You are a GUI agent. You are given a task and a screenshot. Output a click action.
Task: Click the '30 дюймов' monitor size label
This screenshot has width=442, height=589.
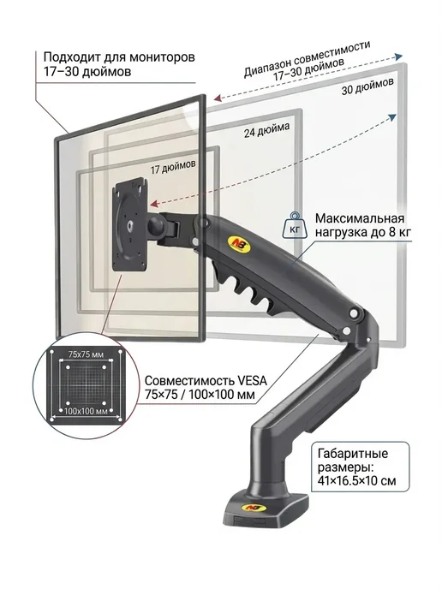367,86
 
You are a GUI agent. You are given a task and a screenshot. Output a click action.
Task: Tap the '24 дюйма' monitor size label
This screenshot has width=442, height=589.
267,129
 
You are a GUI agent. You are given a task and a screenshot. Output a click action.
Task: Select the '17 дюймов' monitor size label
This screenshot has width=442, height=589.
173,167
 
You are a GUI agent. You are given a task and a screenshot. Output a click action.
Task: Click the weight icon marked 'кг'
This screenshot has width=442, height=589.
295,225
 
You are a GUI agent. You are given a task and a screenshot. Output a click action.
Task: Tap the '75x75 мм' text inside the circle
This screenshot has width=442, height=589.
86,354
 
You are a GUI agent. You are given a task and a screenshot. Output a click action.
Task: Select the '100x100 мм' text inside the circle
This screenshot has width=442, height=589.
86,411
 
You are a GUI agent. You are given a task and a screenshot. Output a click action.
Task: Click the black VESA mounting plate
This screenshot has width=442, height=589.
129,224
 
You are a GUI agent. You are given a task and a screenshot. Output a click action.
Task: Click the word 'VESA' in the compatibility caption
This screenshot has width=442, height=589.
252,380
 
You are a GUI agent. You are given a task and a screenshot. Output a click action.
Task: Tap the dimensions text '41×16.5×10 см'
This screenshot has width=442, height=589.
356,481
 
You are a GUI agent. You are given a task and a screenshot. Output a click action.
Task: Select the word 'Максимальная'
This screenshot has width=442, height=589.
360,218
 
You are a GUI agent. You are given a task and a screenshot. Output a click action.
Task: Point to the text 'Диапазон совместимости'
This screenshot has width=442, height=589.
308,58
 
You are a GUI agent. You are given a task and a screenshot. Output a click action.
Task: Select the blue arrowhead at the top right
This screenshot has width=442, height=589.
397,57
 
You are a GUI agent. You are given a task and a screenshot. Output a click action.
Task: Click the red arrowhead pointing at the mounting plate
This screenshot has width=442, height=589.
154,204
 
